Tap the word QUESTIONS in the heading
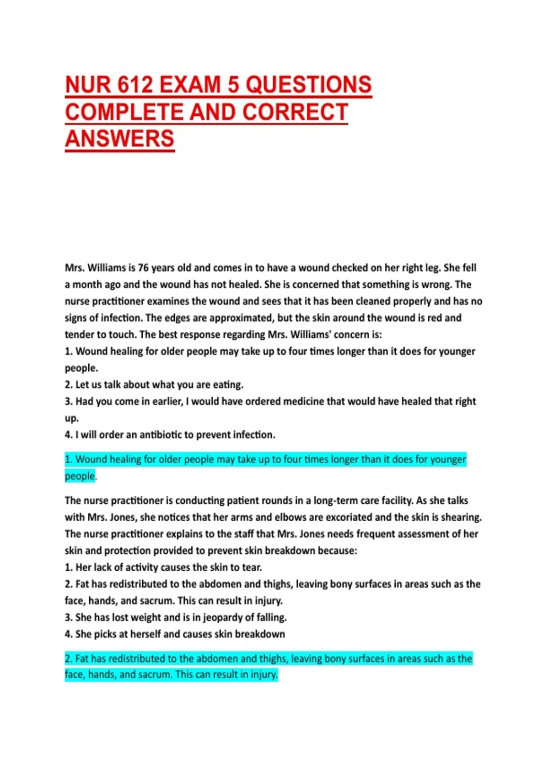[x=309, y=85]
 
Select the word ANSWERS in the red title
[x=120, y=139]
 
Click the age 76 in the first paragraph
[x=143, y=268]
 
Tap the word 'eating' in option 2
[x=227, y=385]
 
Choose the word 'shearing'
[x=461, y=518]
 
